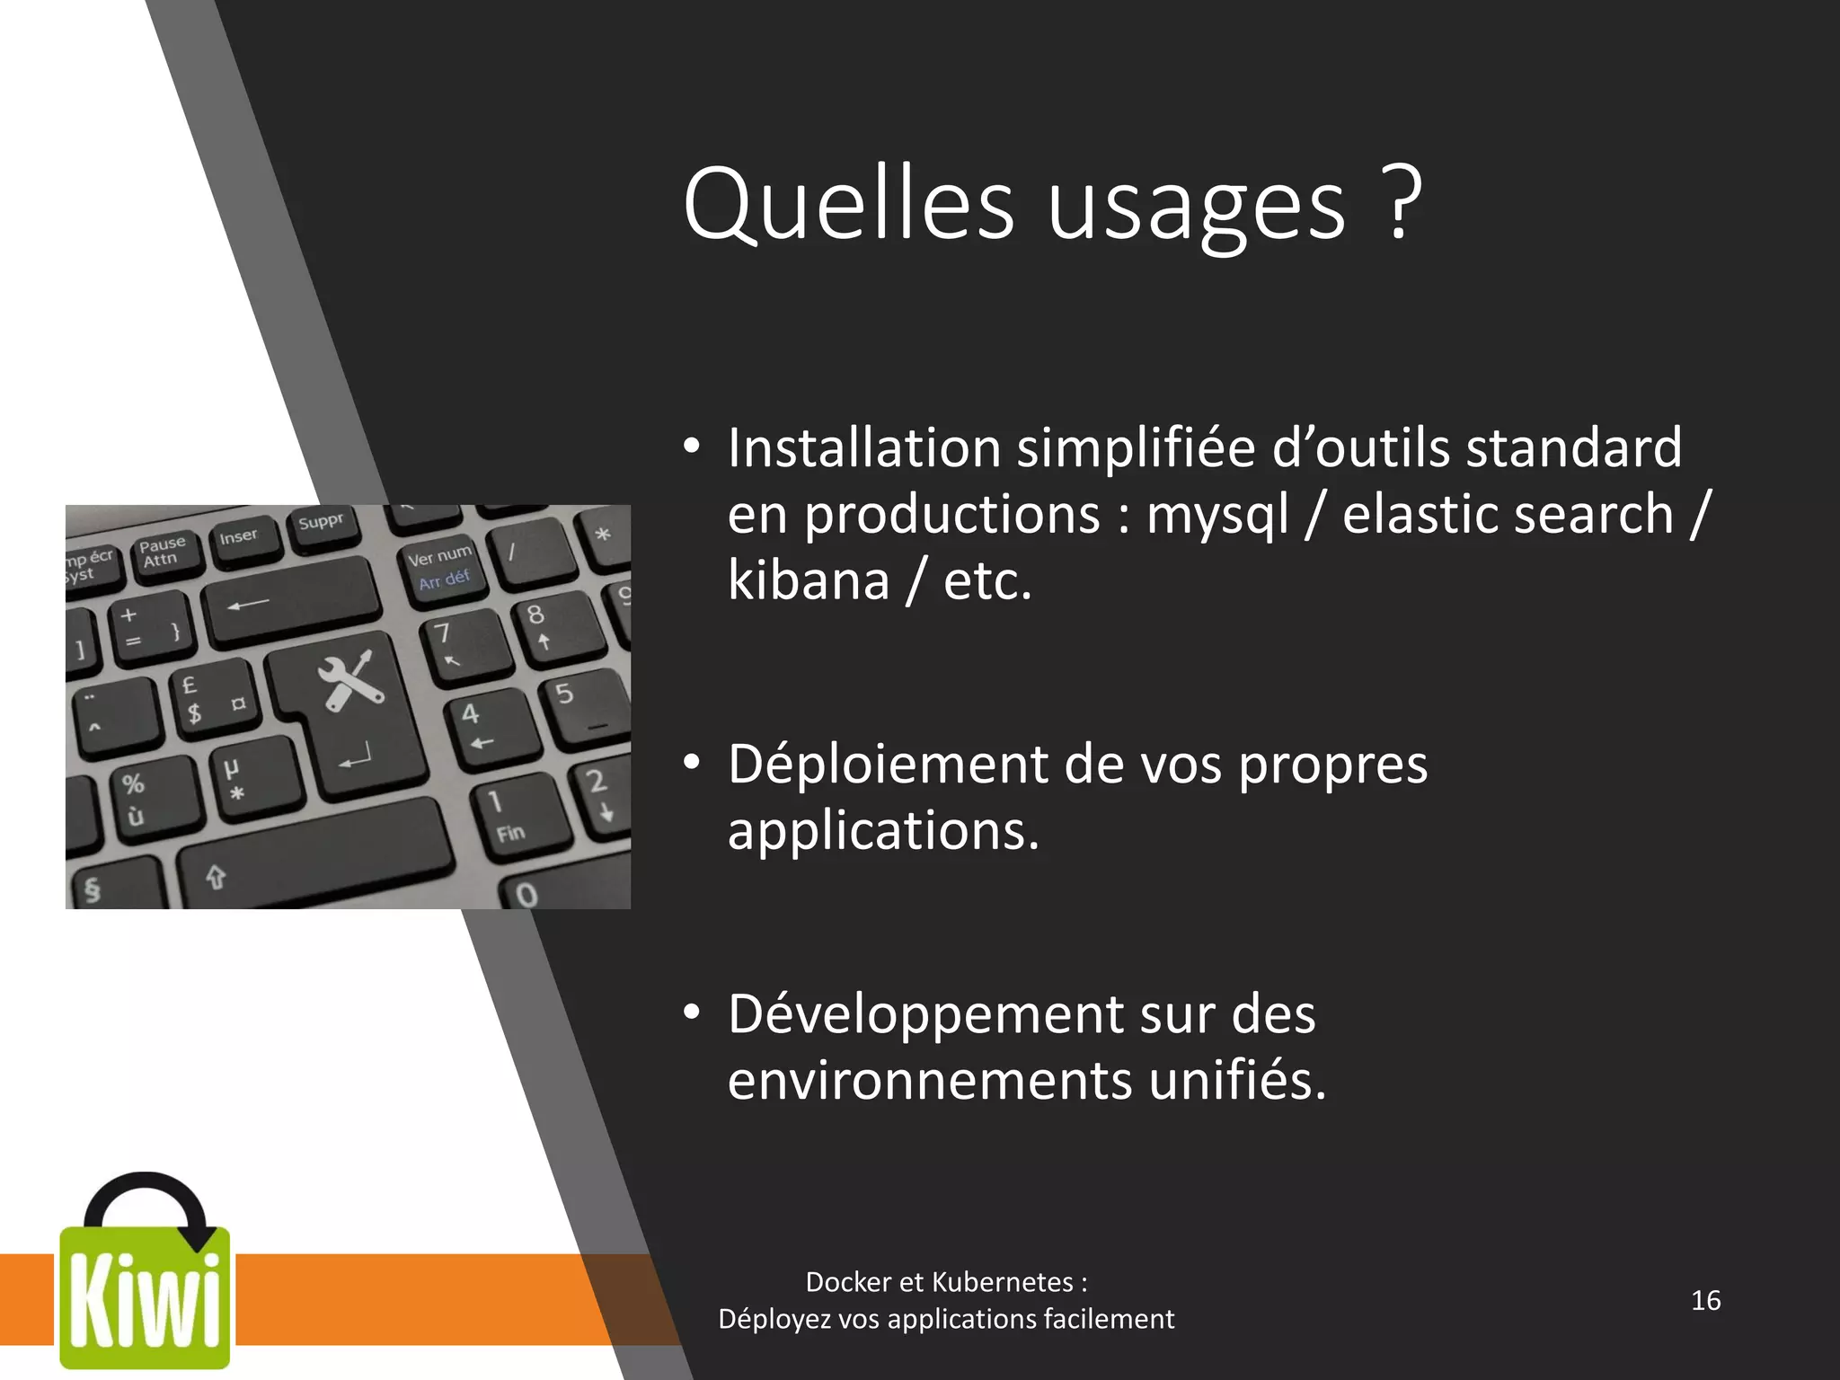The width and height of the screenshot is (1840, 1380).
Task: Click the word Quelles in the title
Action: [x=848, y=205]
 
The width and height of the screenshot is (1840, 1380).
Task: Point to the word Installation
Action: [x=863, y=447]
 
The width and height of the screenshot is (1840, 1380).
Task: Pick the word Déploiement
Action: [x=888, y=765]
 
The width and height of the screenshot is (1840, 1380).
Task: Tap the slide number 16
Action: [x=1705, y=1300]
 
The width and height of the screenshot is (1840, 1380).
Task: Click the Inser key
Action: [x=239, y=542]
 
